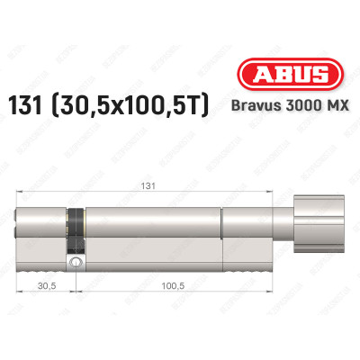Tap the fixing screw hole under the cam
(x=77, y=263)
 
